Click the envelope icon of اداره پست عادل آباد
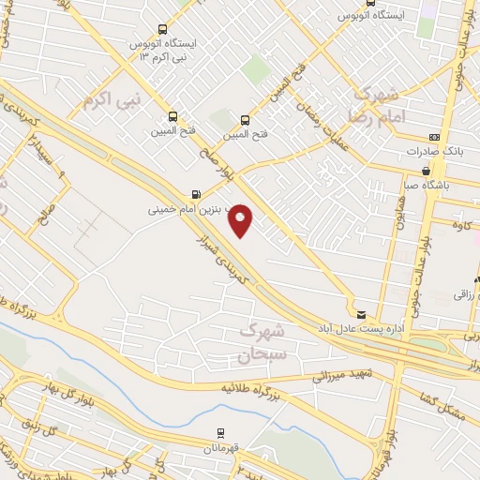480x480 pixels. pos(361,314)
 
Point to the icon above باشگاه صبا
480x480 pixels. pos(427,172)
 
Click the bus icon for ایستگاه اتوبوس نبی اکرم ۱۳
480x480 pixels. pos(162,29)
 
